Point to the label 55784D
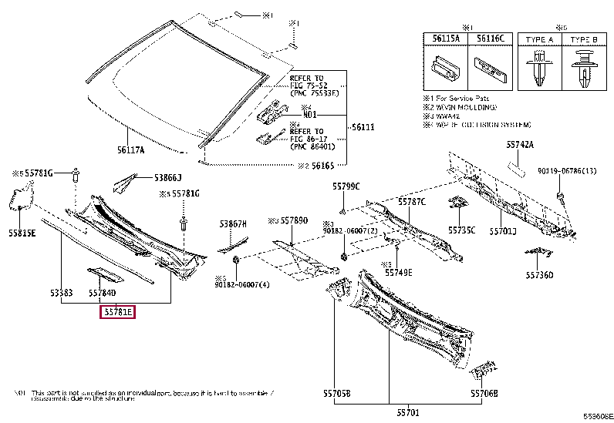click(x=102, y=294)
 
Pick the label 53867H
click(x=232, y=223)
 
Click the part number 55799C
click(x=346, y=186)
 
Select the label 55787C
click(x=412, y=201)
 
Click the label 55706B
click(x=484, y=393)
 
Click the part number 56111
click(x=362, y=127)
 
